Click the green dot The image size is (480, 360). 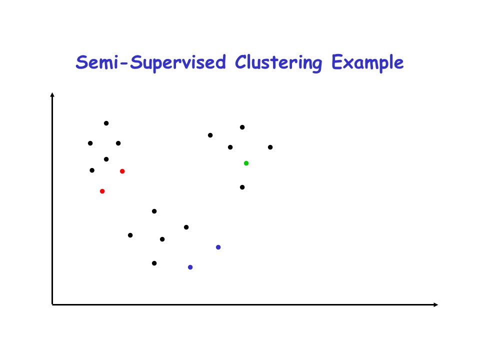[x=246, y=163]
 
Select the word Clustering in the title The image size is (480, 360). [x=278, y=63]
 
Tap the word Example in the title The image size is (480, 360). [x=367, y=63]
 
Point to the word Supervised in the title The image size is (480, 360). [x=178, y=63]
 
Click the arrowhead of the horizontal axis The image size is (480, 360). [x=436, y=304]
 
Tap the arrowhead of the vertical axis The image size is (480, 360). [x=52, y=94]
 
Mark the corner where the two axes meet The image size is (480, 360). [x=52, y=304]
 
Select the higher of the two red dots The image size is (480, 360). [x=122, y=171]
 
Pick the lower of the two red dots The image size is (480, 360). [x=102, y=191]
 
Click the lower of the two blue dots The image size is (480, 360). [x=190, y=267]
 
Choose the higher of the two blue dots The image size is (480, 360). [x=218, y=247]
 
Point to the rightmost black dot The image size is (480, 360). [x=270, y=147]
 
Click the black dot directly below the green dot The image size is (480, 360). [x=242, y=187]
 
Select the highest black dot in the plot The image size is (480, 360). [x=106, y=123]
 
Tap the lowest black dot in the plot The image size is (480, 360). [x=154, y=263]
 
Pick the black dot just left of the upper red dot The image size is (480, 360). [x=92, y=170]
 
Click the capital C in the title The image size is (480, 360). [x=241, y=62]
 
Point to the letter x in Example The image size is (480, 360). [x=348, y=64]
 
